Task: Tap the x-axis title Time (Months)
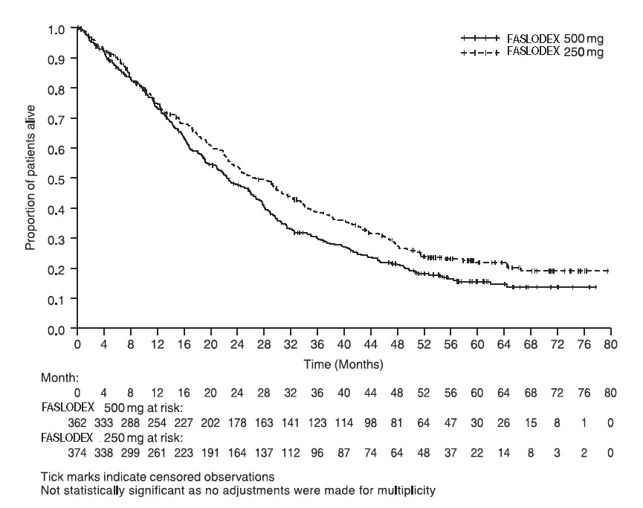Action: pyautogui.click(x=343, y=364)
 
